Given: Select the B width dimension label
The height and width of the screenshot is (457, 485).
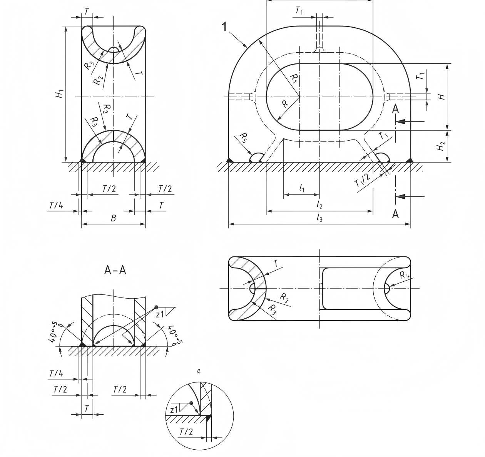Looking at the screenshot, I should [113, 218].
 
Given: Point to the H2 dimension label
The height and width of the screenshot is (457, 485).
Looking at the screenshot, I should [442, 147].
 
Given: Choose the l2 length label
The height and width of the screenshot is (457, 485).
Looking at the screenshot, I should [319, 205].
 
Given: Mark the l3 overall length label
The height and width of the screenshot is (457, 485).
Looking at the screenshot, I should [319, 218].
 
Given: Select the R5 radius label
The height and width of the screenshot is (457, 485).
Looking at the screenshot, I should [244, 137].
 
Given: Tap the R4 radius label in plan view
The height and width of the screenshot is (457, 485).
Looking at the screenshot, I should [404, 275].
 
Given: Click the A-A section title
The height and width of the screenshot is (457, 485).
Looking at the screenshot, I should [115, 270].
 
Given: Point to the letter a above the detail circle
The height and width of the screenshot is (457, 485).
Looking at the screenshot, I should [199, 371].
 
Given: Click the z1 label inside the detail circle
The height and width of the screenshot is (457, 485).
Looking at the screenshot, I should [174, 409].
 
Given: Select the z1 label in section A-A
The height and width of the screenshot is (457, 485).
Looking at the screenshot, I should [160, 314].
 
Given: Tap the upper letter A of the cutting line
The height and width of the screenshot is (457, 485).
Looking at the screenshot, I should [395, 109].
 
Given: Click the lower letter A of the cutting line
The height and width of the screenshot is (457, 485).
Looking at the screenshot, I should [395, 214].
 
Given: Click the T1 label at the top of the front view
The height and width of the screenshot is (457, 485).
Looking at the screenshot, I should [299, 11].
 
